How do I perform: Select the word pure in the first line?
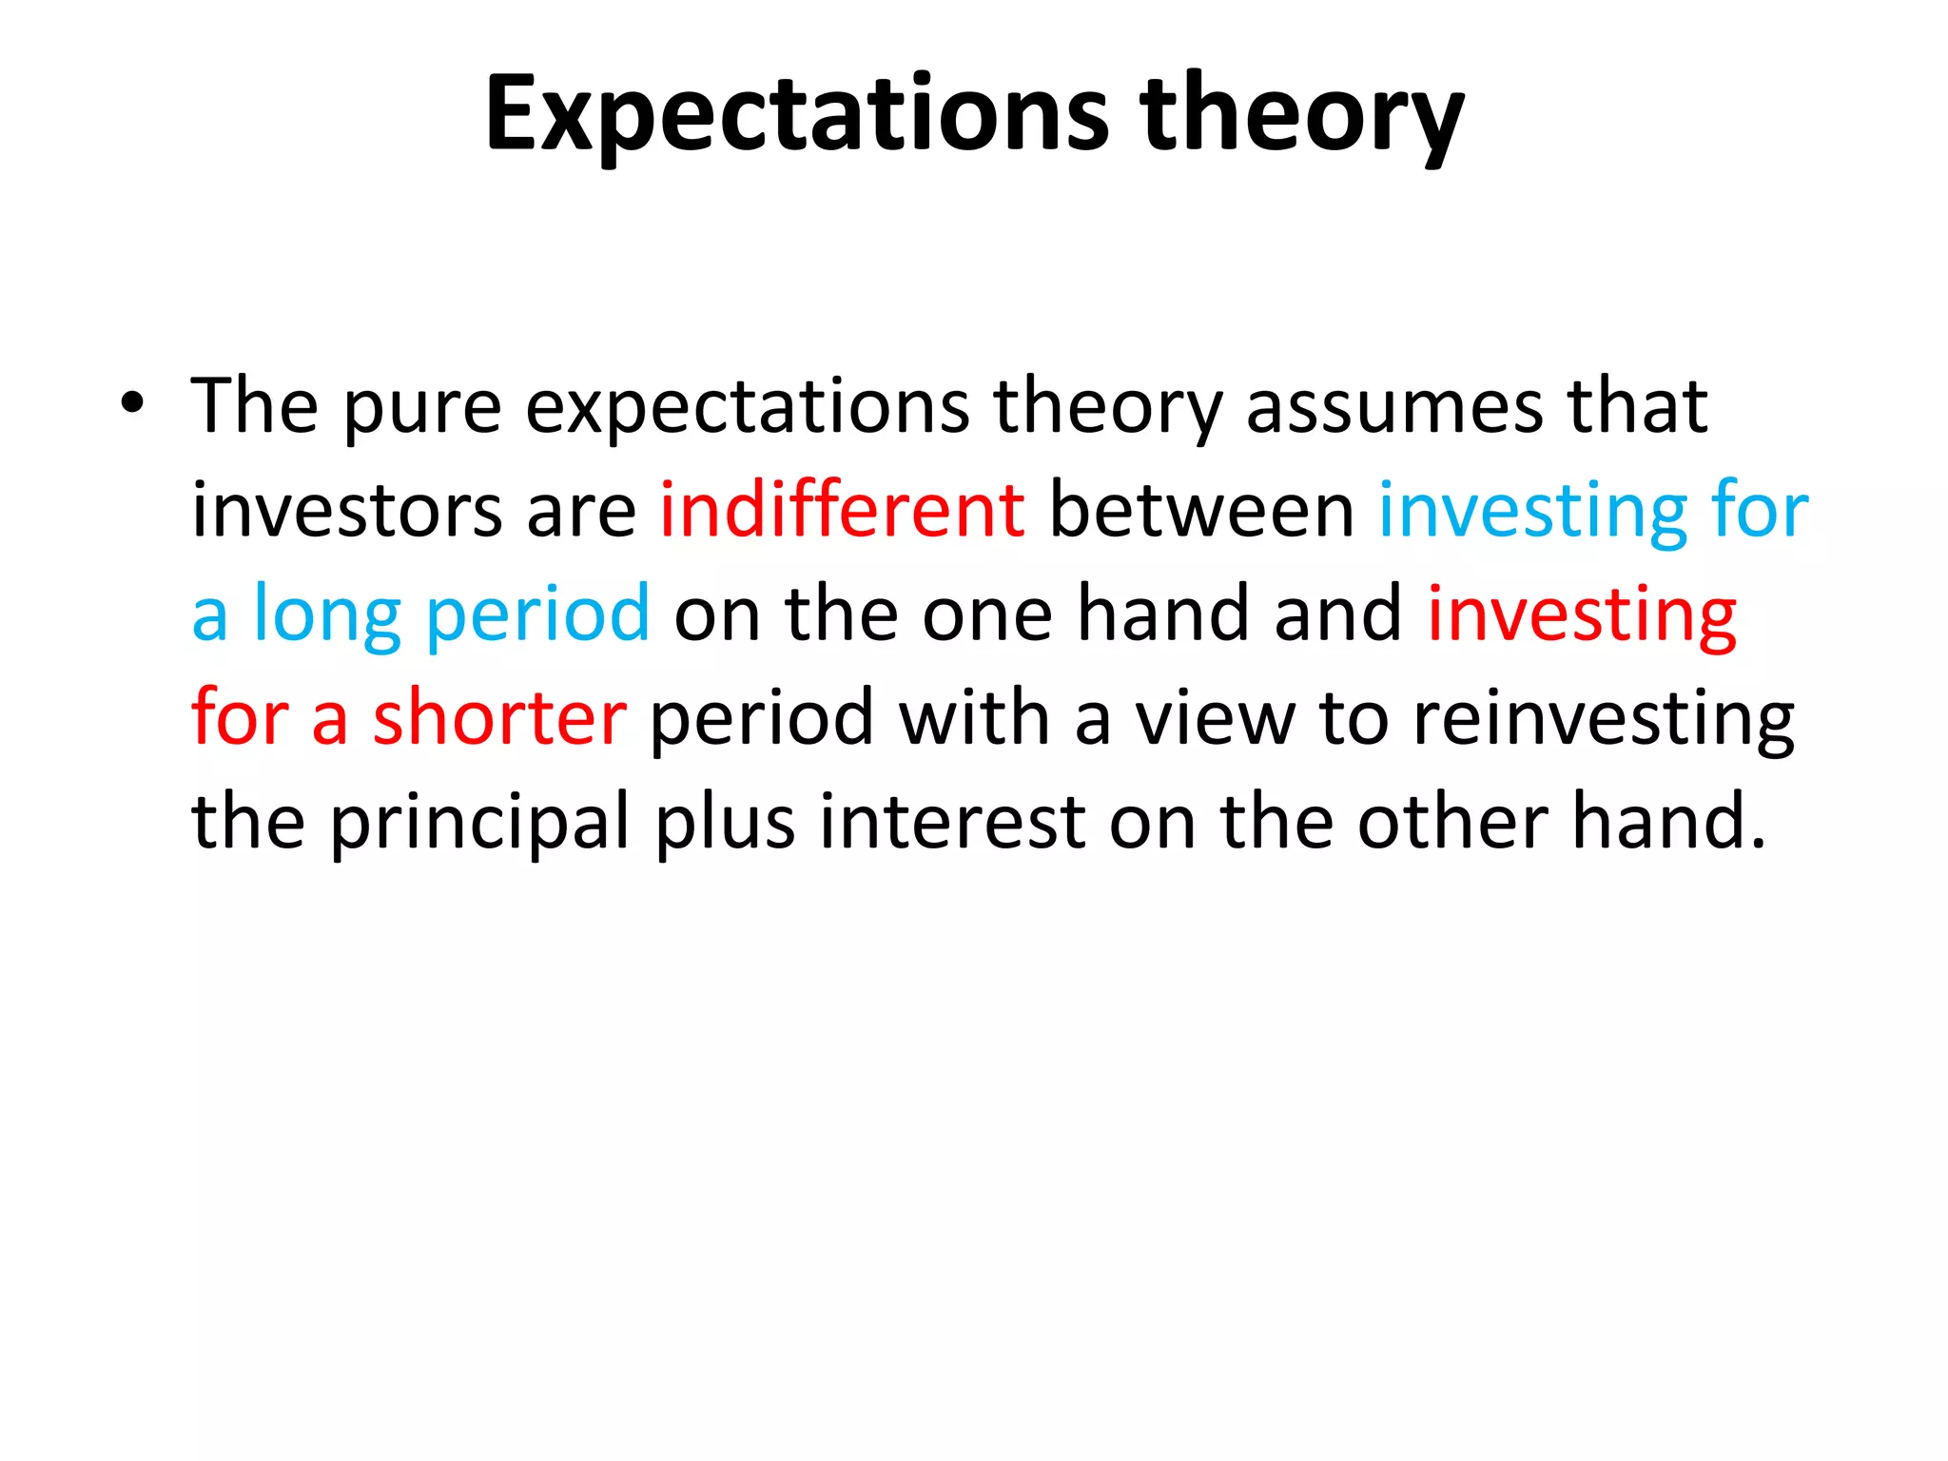coord(421,409)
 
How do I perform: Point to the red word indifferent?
coord(842,511)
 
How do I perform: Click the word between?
coord(1201,511)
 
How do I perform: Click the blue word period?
coord(537,616)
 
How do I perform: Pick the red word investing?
coord(1582,616)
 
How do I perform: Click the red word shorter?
coord(499,718)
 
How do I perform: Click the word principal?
coord(480,824)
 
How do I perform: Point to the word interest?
coord(952,822)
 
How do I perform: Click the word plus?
coord(725,824)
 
